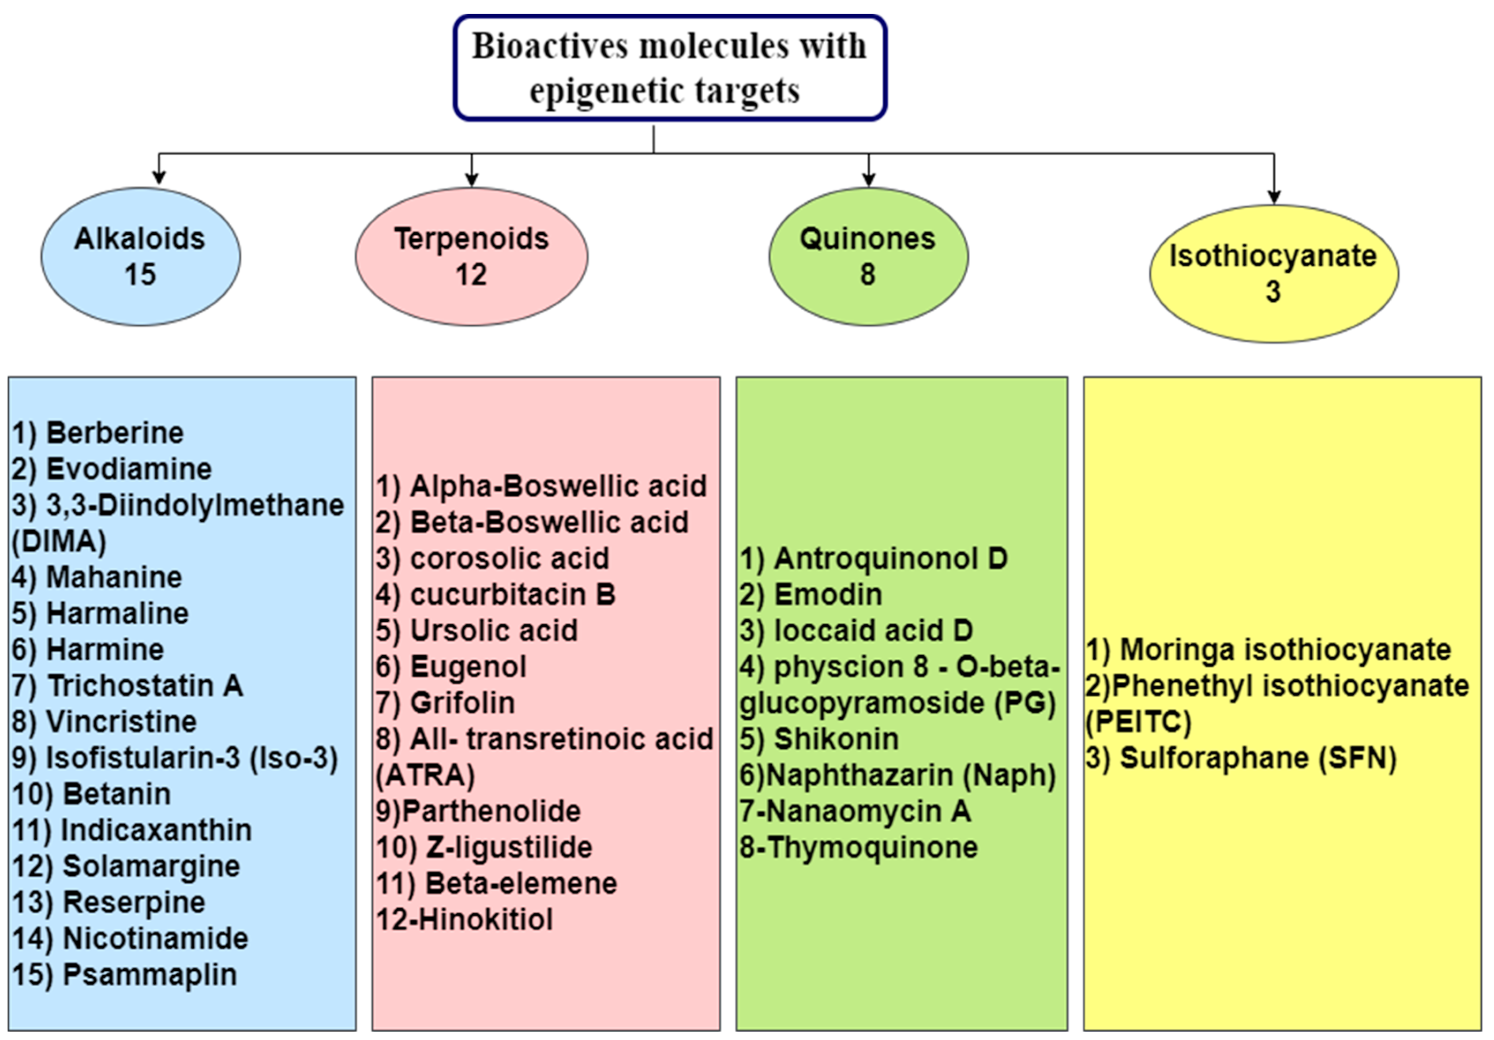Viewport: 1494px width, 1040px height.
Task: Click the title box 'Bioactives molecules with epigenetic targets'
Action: click(x=670, y=68)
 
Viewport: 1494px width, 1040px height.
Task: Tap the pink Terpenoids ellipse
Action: click(x=471, y=256)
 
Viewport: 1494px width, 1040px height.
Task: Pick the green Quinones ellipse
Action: click(x=867, y=256)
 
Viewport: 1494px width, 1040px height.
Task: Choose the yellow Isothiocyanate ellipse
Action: click(x=1273, y=273)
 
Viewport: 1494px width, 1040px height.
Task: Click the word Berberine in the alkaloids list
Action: click(x=115, y=433)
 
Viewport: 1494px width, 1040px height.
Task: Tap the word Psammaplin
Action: click(x=149, y=974)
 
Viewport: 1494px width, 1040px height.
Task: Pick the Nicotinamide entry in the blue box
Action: click(x=155, y=938)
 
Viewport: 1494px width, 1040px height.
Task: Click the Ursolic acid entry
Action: click(x=493, y=630)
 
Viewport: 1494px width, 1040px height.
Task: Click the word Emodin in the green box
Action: click(x=828, y=594)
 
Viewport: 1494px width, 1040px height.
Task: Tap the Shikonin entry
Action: click(x=836, y=739)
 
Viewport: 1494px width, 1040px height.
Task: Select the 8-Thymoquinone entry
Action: click(x=858, y=847)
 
